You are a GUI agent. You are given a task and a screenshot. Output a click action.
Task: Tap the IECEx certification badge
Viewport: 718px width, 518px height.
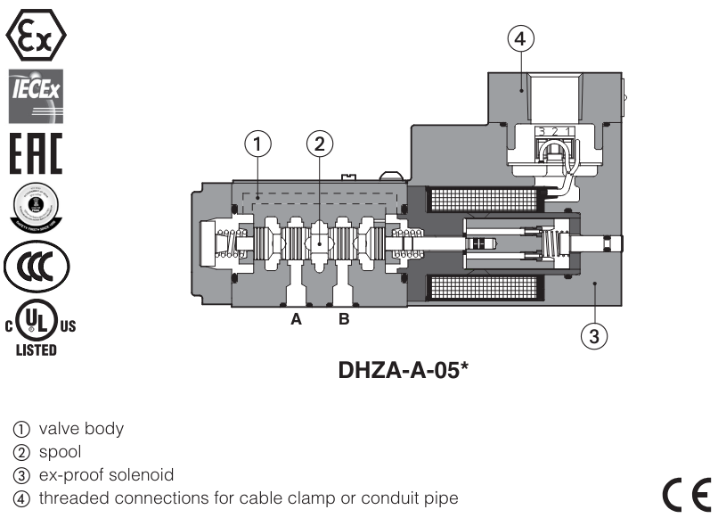coord(36,95)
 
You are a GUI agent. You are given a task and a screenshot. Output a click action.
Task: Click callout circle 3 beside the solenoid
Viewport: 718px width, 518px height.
coord(594,336)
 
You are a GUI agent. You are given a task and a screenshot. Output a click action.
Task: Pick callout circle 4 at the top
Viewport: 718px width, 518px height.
coord(521,38)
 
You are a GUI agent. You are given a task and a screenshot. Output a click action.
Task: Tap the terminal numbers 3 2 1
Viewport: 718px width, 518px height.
coord(553,133)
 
